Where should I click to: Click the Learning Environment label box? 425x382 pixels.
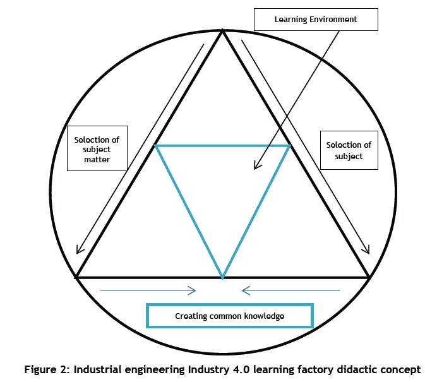(x=315, y=20)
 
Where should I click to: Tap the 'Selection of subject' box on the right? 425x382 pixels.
(x=349, y=150)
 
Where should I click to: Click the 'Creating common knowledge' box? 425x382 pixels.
(x=229, y=315)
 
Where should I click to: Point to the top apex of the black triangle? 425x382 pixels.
(x=222, y=32)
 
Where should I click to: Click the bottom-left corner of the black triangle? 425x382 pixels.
(x=77, y=277)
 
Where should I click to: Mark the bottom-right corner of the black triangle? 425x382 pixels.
(x=369, y=277)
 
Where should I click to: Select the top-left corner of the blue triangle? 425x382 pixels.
(x=156, y=146)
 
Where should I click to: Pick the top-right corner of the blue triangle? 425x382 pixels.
(x=289, y=146)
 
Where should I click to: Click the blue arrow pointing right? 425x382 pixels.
(x=148, y=291)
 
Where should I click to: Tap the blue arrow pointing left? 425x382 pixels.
(x=290, y=291)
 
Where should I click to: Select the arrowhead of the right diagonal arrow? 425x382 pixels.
(x=366, y=251)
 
